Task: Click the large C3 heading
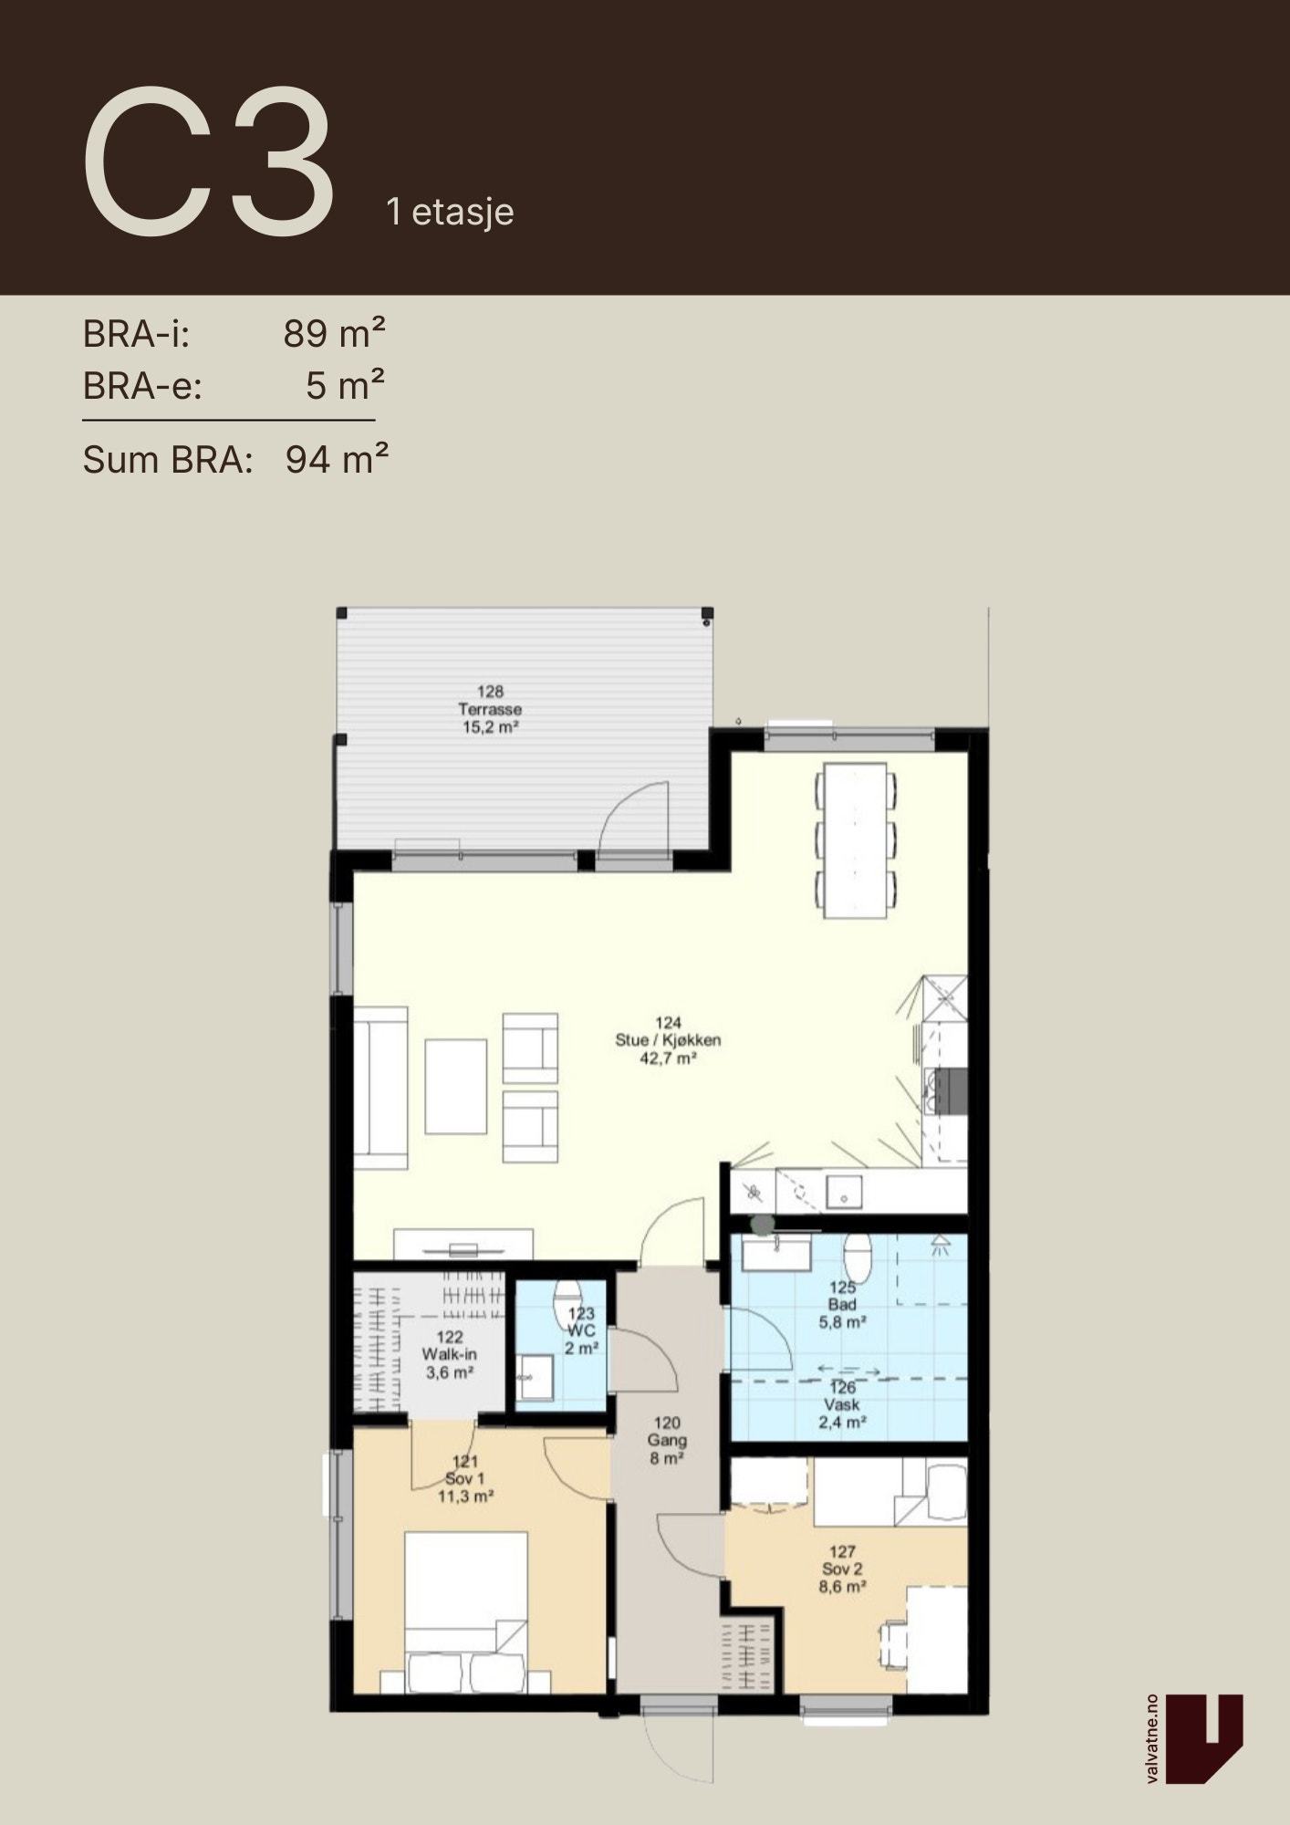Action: pyautogui.click(x=209, y=162)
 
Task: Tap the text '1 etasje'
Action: pyautogui.click(x=450, y=213)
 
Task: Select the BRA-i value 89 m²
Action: pyautogui.click(x=334, y=334)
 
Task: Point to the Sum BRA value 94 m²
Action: pyautogui.click(x=337, y=459)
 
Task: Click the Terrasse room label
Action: pyautogui.click(x=490, y=709)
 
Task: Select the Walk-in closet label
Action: pyautogui.click(x=449, y=1355)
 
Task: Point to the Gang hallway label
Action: pyautogui.click(x=667, y=1441)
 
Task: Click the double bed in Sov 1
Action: pyautogui.click(x=466, y=1612)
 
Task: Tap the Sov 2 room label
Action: pyautogui.click(x=842, y=1569)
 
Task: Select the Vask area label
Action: pyautogui.click(x=841, y=1404)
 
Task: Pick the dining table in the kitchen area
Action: pyautogui.click(x=855, y=840)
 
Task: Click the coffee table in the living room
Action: pyautogui.click(x=455, y=1086)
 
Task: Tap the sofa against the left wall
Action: pyautogui.click(x=380, y=1088)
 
